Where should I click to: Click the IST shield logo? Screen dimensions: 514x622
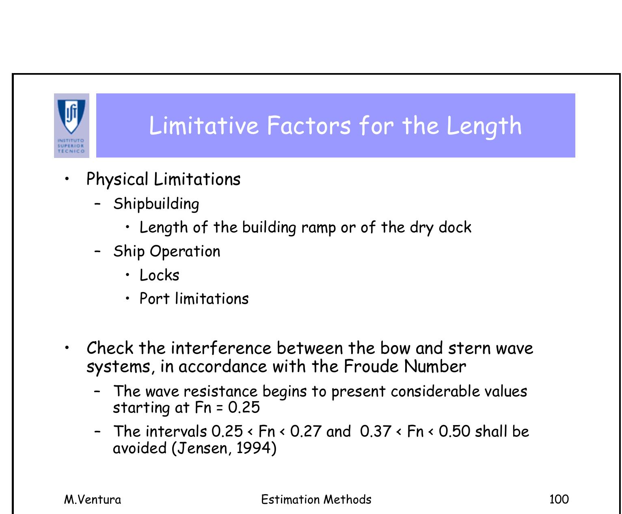pos(71,118)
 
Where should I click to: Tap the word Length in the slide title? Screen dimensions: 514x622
pos(484,126)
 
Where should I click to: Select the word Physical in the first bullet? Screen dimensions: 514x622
pos(117,179)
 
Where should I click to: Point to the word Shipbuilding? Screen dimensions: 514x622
pos(156,204)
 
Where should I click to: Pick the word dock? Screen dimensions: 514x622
pos(455,227)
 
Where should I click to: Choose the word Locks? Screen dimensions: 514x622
pos(159,275)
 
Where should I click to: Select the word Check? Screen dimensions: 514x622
pos(110,348)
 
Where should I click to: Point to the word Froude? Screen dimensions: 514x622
pos(371,367)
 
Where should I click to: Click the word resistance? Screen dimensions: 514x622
pos(220,391)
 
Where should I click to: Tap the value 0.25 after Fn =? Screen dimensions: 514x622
pos(244,408)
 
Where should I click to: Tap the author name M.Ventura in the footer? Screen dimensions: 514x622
pos(93,499)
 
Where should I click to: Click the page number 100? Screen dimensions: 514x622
pos(559,499)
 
